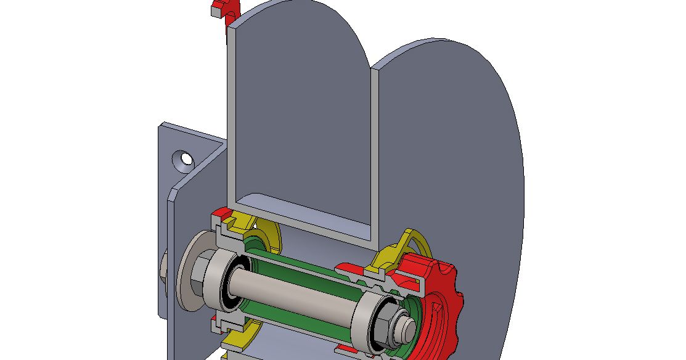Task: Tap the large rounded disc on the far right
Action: point(468,154)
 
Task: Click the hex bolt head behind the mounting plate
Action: point(163,271)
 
